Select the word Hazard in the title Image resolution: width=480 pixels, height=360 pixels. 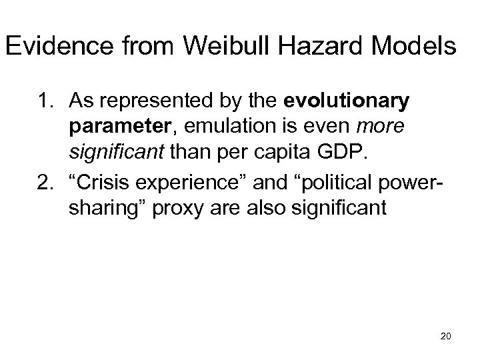click(311, 47)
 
